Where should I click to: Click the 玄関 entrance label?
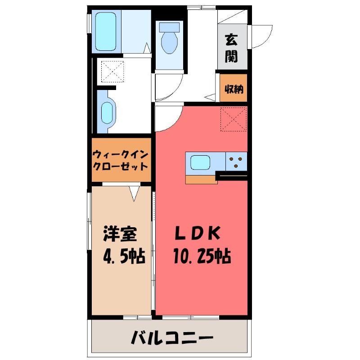coord(231,48)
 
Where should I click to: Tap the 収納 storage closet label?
coord(234,89)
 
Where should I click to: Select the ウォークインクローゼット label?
coord(120,160)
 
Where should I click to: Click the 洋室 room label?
coord(120,234)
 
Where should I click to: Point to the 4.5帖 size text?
coord(124,256)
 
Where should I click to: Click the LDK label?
coord(198,233)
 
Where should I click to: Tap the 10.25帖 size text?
coord(202,256)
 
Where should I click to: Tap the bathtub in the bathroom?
coord(106,31)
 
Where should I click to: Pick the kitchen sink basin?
coord(200,162)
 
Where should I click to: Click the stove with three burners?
coord(236,162)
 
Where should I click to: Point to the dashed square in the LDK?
coord(234,119)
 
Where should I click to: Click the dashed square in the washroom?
coord(112,72)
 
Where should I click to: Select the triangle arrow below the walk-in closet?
coord(134,193)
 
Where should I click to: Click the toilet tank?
coord(170,27)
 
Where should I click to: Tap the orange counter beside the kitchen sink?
coord(201,180)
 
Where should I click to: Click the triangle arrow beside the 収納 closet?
coord(210,97)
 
